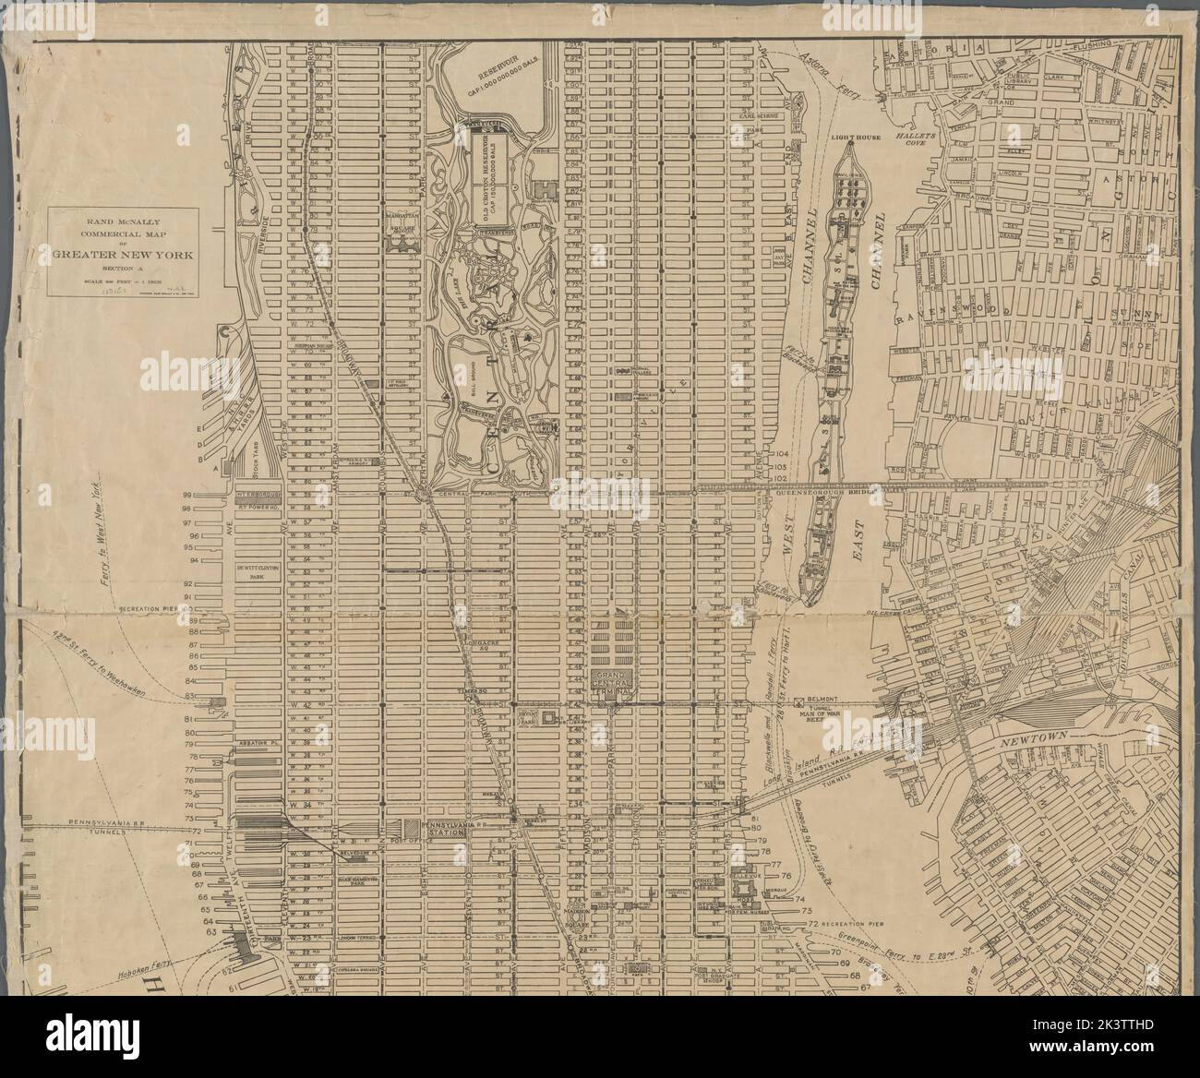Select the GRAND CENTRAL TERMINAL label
(612, 683)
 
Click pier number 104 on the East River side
(784, 454)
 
